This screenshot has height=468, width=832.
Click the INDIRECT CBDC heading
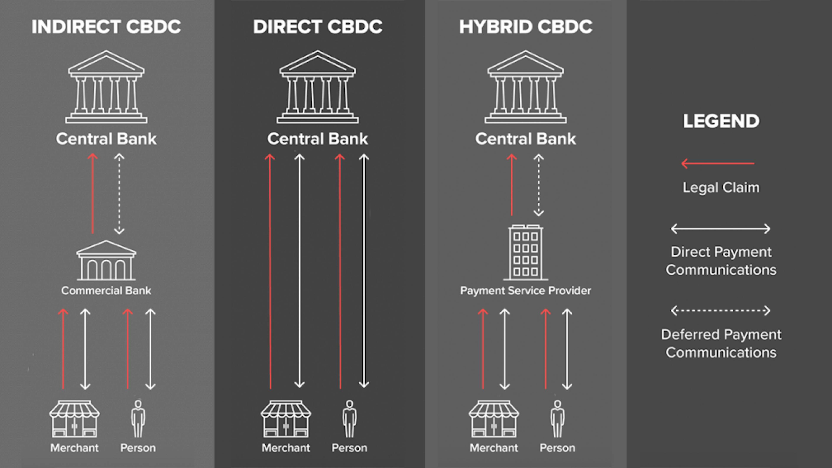[106, 26]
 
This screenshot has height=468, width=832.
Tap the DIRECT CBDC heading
[317, 26]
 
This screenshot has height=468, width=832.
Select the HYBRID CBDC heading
[525, 26]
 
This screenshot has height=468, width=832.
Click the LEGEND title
[721, 121]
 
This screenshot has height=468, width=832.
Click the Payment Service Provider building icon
[525, 253]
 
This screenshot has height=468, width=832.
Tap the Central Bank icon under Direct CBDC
[317, 87]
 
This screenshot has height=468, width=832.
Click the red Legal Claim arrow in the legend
[718, 163]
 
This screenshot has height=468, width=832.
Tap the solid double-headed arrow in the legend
[721, 229]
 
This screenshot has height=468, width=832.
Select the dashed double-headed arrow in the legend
[721, 311]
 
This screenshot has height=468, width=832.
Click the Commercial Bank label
[106, 291]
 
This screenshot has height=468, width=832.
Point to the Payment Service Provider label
[525, 291]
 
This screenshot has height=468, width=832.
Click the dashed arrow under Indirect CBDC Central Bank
[119, 194]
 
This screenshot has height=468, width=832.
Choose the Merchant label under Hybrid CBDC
[494, 448]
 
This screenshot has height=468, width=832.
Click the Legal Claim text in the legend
[721, 188]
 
